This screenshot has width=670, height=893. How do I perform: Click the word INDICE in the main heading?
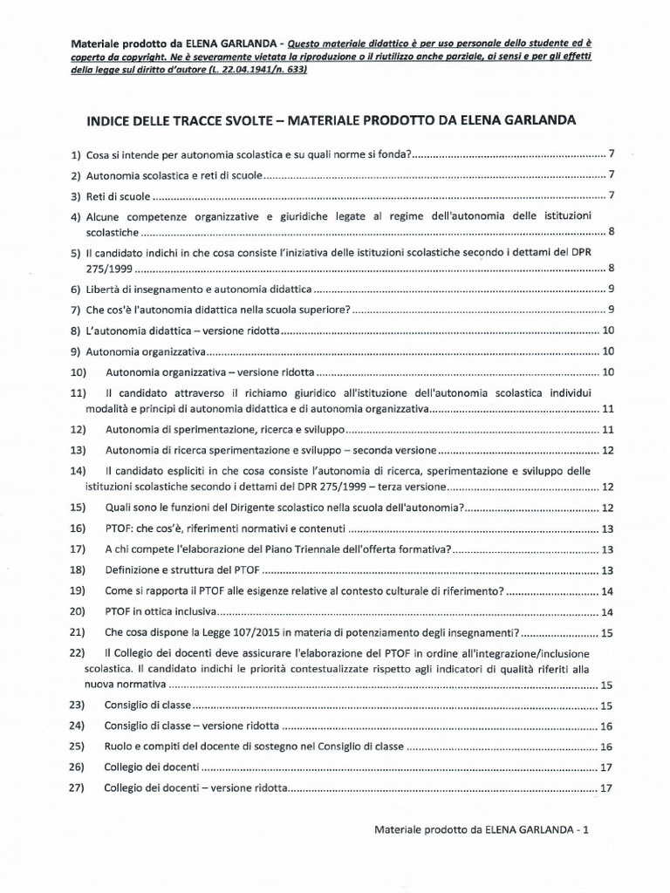point(113,119)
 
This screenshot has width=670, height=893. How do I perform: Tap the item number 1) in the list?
point(76,154)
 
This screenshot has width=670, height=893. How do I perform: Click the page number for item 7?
point(612,310)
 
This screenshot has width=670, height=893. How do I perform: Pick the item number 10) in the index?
point(79,372)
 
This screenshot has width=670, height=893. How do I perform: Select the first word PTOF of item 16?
point(120,528)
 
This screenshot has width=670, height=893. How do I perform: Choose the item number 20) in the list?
point(79,611)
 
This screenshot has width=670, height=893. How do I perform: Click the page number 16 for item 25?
point(609,746)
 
